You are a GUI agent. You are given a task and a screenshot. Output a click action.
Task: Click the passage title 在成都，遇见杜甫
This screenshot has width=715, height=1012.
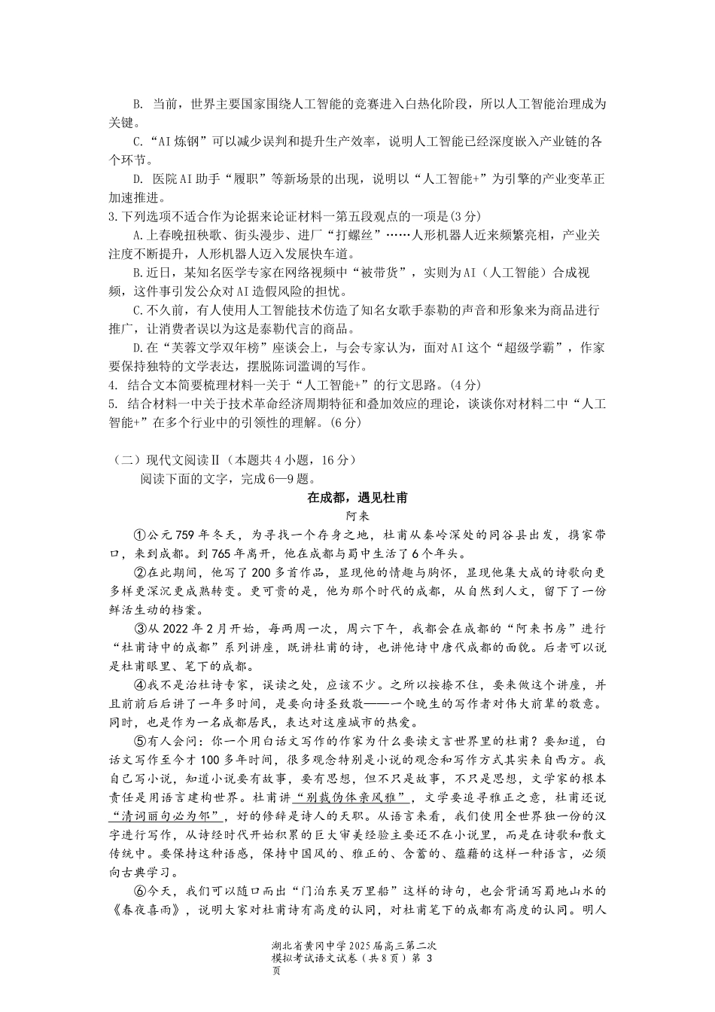357,498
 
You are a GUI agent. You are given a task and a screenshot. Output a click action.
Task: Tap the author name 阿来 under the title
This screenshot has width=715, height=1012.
357,517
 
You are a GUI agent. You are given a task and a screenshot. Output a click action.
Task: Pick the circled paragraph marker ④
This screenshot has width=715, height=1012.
139,685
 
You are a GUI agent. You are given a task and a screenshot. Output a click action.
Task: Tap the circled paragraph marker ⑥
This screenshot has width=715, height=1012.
139,892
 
